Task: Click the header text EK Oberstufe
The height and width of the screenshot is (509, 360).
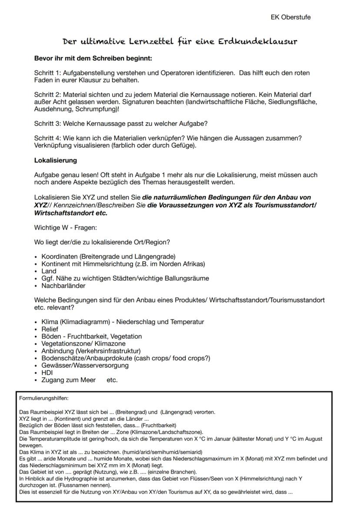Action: coord(290,17)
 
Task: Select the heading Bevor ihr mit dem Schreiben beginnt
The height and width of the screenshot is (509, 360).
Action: coord(93,58)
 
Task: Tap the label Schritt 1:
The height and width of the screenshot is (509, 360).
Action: coord(48,73)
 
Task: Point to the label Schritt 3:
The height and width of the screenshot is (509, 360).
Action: coord(48,124)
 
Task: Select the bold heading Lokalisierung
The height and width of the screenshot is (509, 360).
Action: coord(55,160)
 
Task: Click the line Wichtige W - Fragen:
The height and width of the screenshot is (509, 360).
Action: coord(65,227)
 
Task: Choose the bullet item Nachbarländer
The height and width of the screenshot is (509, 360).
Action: coord(63,286)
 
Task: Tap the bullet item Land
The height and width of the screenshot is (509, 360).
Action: coord(49,271)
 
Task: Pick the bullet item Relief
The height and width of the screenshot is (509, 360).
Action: coord(50,329)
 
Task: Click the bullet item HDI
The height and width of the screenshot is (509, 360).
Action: coord(47,373)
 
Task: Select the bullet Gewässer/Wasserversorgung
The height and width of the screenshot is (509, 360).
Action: coord(85,365)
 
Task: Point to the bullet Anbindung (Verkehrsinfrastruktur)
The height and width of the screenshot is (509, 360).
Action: coord(91,351)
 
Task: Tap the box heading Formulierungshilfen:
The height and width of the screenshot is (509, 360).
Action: coord(44,398)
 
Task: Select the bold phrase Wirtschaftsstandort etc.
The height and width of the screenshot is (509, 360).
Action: coord(70,213)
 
